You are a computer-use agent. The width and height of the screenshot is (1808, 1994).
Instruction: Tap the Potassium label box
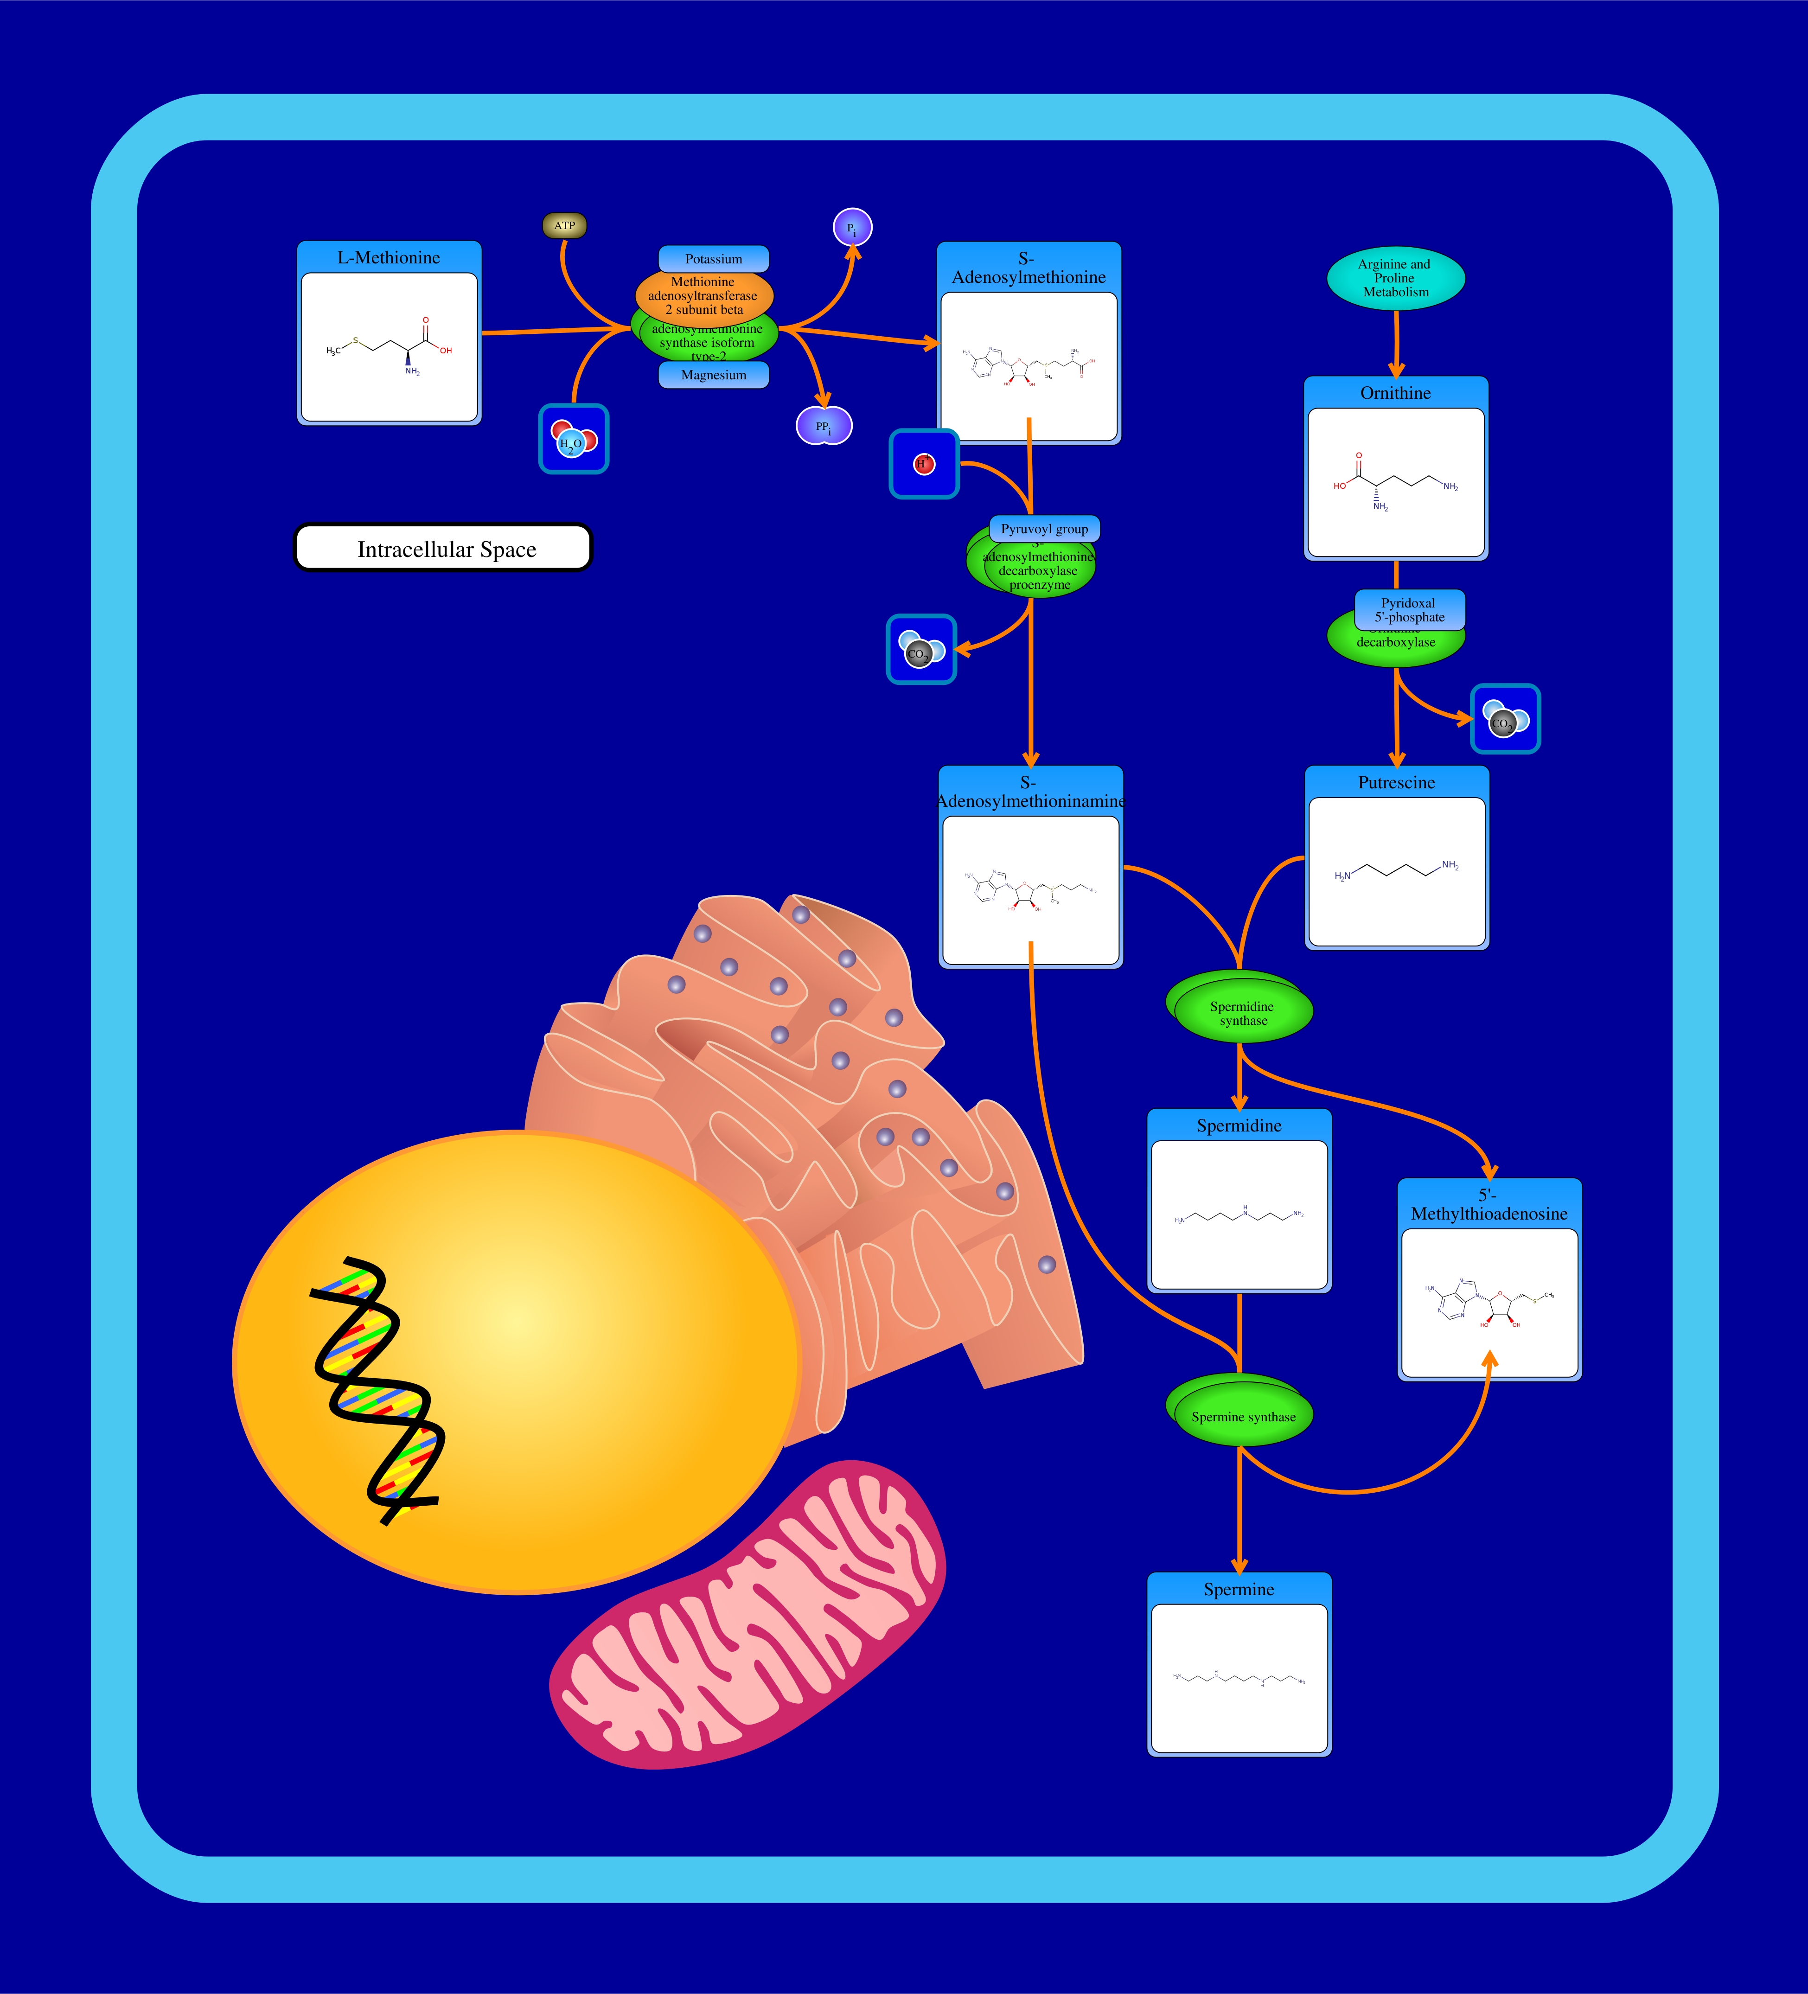point(713,259)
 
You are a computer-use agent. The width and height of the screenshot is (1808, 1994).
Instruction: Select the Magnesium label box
point(713,375)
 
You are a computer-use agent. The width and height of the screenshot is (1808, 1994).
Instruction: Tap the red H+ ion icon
point(924,464)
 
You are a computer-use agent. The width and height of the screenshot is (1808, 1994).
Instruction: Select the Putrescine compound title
point(1396,782)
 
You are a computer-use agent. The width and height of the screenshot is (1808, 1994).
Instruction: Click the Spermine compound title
point(1238,1590)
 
